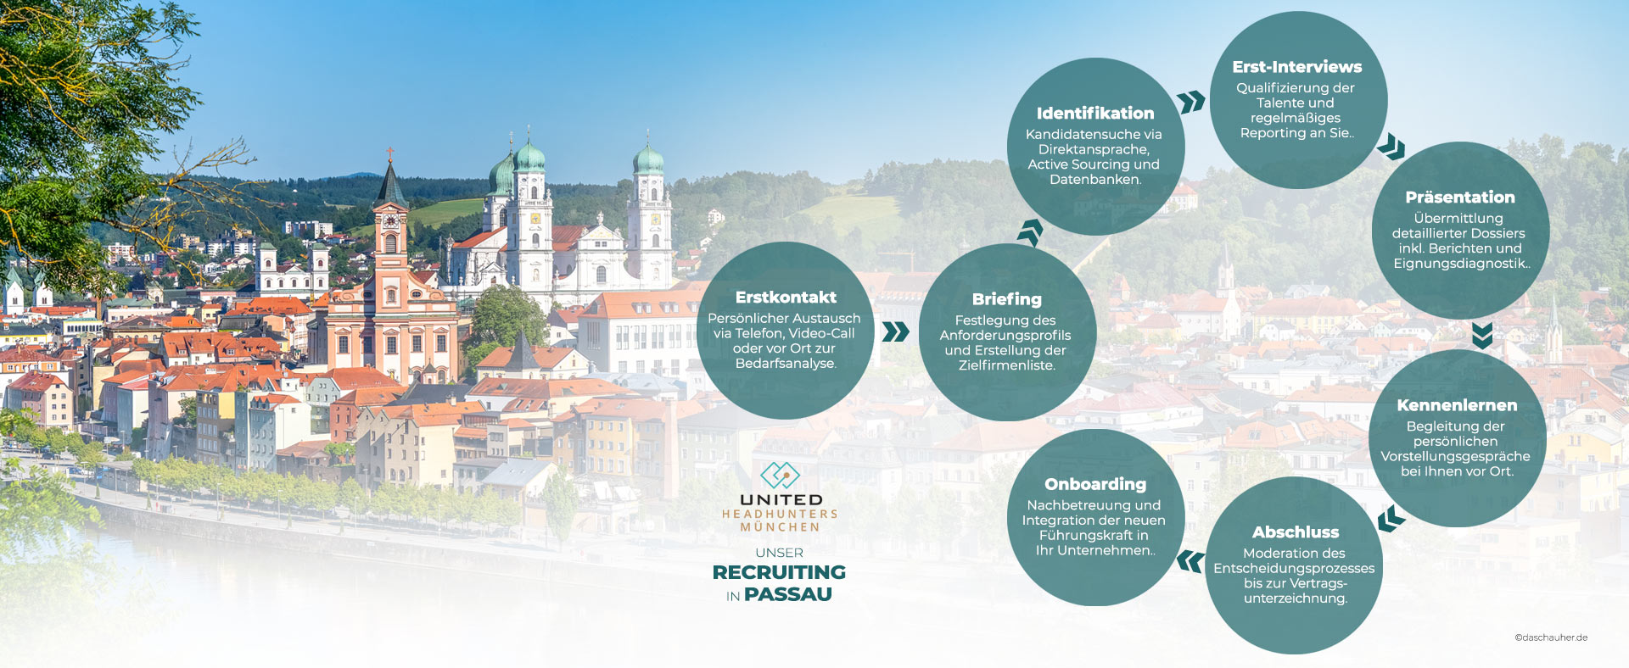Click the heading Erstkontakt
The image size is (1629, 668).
click(786, 298)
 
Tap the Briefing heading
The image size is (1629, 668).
click(1006, 299)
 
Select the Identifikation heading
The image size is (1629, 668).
click(1094, 114)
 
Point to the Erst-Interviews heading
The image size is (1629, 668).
click(1296, 67)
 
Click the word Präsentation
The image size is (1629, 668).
click(1459, 198)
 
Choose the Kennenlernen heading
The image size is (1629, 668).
click(1457, 405)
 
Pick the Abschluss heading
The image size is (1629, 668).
click(1295, 532)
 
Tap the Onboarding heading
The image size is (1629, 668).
click(1094, 484)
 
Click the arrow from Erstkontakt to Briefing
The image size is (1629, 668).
click(895, 331)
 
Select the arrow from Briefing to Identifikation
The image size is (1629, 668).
click(1031, 231)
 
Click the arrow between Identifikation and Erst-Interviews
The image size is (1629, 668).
click(1192, 102)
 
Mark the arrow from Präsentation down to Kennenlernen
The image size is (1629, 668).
click(1482, 335)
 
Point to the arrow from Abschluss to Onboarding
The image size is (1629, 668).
click(1190, 561)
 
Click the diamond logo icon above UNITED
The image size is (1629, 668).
click(780, 476)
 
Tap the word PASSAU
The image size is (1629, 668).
click(787, 594)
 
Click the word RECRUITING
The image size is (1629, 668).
click(779, 572)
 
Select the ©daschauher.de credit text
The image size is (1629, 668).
click(1551, 637)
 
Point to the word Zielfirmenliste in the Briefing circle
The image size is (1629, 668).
click(1006, 365)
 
